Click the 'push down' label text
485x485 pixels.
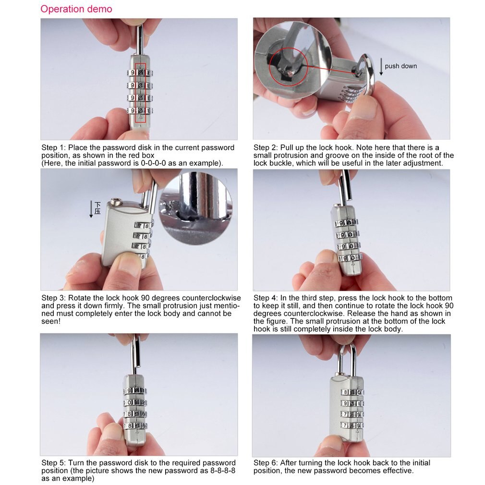[400, 66]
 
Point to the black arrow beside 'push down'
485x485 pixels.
[381, 66]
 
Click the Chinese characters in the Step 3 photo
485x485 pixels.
[97, 207]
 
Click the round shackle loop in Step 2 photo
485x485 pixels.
[369, 72]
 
